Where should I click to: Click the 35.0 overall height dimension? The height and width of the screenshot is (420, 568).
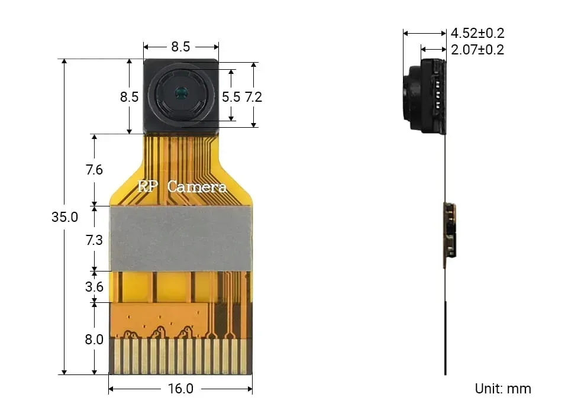[x=64, y=217]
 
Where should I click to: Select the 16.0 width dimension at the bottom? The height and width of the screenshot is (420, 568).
[x=180, y=389]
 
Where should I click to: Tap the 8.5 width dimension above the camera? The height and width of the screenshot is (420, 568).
[x=180, y=47]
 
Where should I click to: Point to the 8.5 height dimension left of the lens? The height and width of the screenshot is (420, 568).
[x=129, y=96]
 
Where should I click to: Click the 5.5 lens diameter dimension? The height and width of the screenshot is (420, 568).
[x=231, y=96]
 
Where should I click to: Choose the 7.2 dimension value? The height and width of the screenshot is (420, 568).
[x=253, y=96]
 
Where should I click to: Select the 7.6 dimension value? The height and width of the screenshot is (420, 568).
[x=94, y=170]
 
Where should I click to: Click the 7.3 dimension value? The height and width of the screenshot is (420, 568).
[x=94, y=240]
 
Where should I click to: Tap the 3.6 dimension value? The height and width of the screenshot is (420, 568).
[x=94, y=287]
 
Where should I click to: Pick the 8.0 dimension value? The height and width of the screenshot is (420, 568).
[x=94, y=340]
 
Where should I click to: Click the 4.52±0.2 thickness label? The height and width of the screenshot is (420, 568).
[x=477, y=33]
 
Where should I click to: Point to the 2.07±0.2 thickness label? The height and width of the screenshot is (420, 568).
[x=477, y=50]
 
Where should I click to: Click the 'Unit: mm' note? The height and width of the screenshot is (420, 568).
[x=503, y=389]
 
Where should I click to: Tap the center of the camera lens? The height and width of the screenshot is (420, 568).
[x=180, y=92]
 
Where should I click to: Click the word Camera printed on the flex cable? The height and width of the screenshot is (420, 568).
[x=197, y=187]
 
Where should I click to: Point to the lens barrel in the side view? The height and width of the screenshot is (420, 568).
[x=411, y=98]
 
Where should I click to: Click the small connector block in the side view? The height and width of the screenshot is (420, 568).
[x=450, y=231]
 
